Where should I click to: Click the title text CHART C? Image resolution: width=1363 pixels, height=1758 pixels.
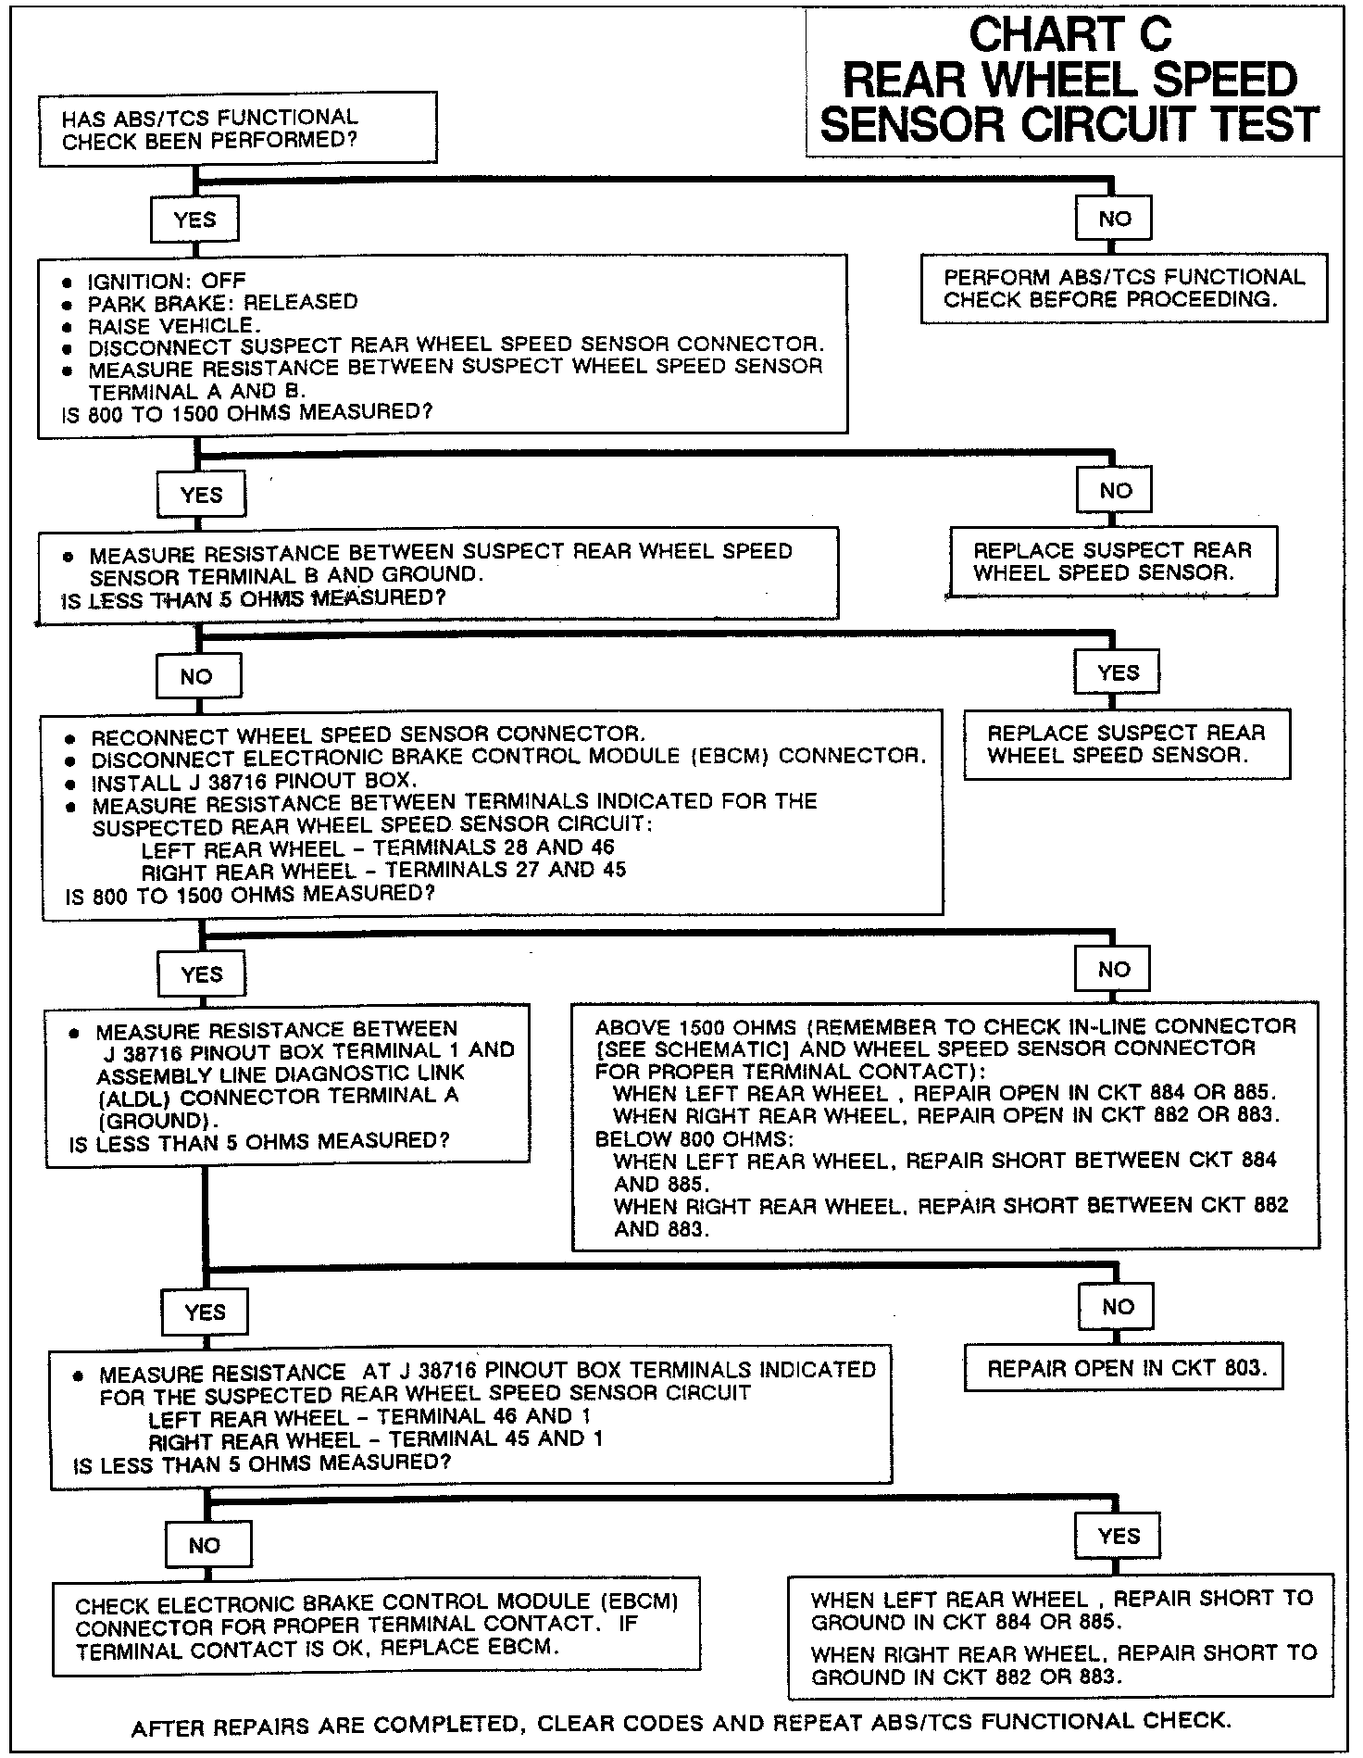pos(1069,35)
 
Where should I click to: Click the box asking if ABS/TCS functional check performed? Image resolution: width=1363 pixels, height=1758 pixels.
pos(237,129)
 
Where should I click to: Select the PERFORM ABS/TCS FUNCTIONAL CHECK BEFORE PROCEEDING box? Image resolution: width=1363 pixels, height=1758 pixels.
pos(1123,288)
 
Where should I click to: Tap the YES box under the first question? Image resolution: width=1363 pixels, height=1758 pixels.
pos(194,220)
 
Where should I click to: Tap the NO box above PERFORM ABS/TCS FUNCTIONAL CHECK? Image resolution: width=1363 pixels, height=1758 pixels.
pos(1114,219)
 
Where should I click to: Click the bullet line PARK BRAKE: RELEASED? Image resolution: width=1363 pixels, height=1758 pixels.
pos(222,303)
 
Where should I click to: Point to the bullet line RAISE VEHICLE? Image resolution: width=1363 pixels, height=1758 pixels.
pos(174,325)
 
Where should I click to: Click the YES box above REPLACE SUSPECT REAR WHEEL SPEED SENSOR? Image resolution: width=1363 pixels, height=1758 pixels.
pos(1118,673)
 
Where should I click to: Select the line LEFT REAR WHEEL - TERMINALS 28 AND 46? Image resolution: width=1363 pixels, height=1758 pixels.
pos(377,848)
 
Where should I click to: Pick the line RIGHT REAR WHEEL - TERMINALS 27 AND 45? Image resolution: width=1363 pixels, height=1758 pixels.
pos(383,871)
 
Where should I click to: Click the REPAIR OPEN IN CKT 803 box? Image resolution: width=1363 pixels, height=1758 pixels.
pos(1123,1368)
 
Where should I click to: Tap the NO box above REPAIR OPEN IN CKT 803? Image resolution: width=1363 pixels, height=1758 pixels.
pos(1118,1307)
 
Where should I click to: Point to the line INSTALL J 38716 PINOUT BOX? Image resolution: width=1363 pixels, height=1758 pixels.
pos(255,781)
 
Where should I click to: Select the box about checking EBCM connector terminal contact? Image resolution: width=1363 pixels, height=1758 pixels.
pos(376,1626)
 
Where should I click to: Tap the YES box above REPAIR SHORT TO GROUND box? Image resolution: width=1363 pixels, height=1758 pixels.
pos(1118,1537)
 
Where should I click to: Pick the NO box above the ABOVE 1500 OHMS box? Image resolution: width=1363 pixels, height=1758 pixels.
pos(1114,970)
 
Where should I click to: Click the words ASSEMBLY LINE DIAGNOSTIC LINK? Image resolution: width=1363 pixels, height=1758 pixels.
pos(281,1074)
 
